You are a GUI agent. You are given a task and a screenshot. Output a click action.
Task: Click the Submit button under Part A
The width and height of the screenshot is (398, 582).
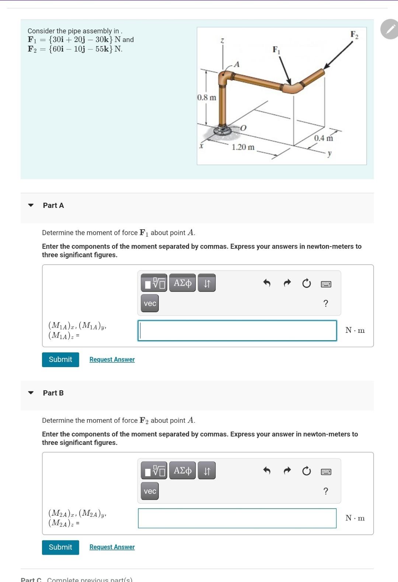pyautogui.click(x=60, y=359)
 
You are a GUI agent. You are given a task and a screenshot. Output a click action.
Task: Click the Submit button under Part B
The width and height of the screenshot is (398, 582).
pyautogui.click(x=60, y=547)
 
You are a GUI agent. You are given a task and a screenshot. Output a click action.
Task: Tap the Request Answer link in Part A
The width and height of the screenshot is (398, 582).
pyautogui.click(x=112, y=359)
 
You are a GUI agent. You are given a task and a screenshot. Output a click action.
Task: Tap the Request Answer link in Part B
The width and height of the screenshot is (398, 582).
pyautogui.click(x=112, y=547)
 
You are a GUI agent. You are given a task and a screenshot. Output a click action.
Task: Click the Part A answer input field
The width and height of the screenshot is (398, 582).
pyautogui.click(x=237, y=330)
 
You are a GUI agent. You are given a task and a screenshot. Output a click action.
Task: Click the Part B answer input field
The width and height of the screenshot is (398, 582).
pyautogui.click(x=237, y=518)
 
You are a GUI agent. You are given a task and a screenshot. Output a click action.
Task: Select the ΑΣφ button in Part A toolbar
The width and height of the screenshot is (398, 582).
pyautogui.click(x=182, y=283)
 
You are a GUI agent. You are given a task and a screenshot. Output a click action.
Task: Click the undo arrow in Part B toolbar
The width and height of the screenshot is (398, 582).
pyautogui.click(x=267, y=471)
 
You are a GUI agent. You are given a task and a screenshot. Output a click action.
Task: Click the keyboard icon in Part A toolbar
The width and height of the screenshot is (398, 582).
pyautogui.click(x=326, y=284)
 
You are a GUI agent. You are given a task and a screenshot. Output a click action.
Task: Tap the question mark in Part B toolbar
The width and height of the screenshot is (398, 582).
pyautogui.click(x=325, y=491)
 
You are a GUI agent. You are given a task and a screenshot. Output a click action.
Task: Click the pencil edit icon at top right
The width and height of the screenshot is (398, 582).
pyautogui.click(x=390, y=29)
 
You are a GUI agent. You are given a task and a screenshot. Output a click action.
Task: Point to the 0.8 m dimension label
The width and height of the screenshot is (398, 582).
pyautogui.click(x=207, y=98)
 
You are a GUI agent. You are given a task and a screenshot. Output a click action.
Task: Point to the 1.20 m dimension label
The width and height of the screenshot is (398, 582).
pyautogui.click(x=243, y=147)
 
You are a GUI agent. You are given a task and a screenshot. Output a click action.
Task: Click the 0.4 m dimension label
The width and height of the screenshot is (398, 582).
pyautogui.click(x=323, y=138)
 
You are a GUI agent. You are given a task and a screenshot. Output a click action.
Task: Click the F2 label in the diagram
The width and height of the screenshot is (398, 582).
pyautogui.click(x=354, y=35)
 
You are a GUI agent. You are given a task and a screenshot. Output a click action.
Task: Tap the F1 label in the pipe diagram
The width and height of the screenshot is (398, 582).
pyautogui.click(x=276, y=50)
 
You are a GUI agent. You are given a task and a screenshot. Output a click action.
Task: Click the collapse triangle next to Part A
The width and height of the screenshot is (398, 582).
pyautogui.click(x=31, y=205)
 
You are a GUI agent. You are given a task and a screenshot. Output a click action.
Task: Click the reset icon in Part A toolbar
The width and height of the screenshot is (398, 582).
pyautogui.click(x=306, y=283)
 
